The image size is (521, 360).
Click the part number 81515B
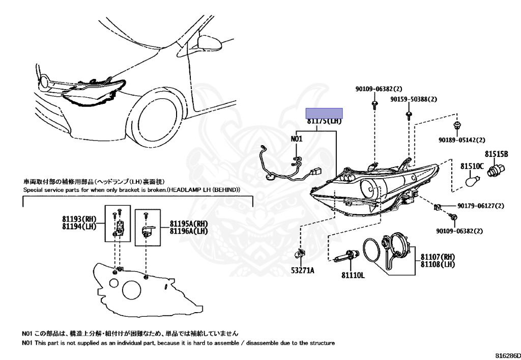pos(496,154)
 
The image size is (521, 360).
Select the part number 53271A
pos(302,270)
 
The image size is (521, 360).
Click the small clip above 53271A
pos(301,253)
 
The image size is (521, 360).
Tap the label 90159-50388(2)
pos(414,99)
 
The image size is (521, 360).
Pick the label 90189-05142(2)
pos(461,140)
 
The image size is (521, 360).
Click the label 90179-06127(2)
pos(480,206)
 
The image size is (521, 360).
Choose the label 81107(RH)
pos(438,257)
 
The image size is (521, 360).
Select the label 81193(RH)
pos(79,219)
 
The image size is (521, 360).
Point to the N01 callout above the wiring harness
pos(297,139)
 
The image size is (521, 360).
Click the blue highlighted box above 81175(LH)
pos(324,113)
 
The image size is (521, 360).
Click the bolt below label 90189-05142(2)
pos(456,125)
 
